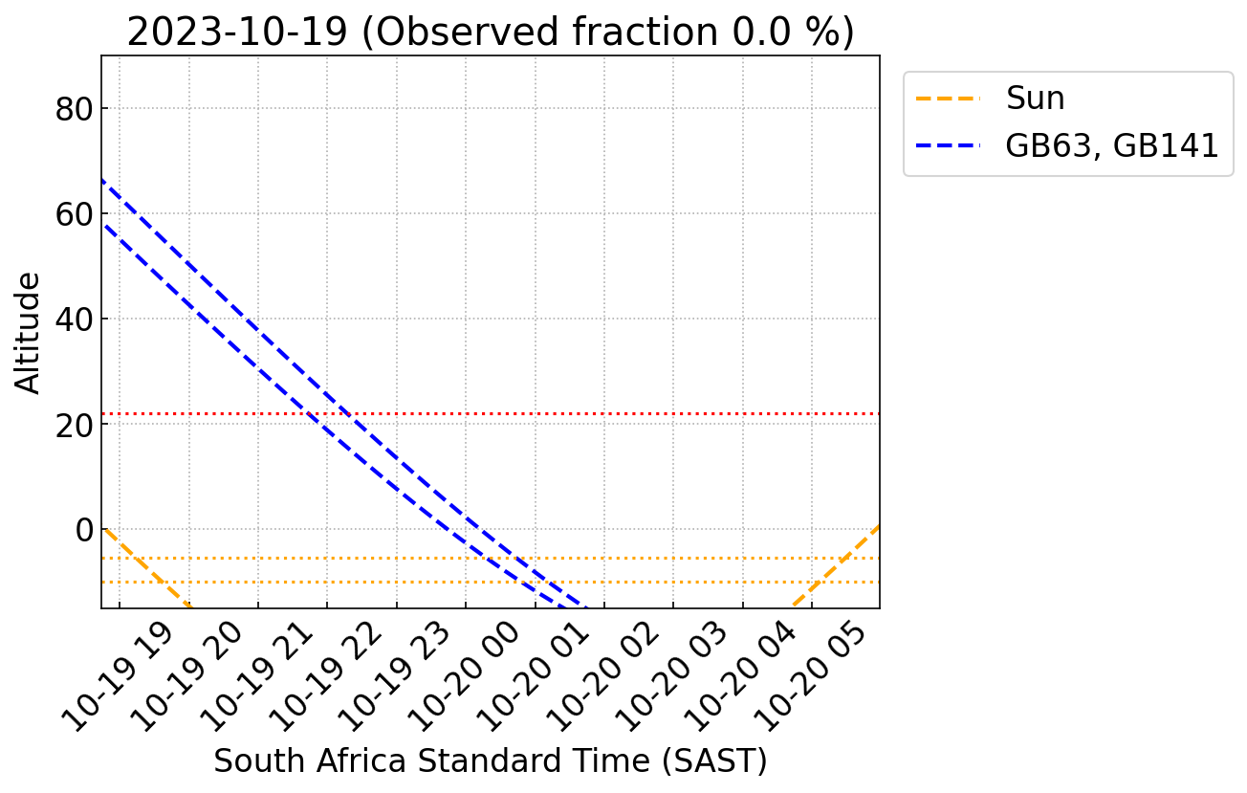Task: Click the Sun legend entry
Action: pyautogui.click(x=1035, y=99)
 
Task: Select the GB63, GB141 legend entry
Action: pyautogui.click(x=1111, y=145)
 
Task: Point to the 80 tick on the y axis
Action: pyautogui.click(x=80, y=109)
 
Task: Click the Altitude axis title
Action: pyautogui.click(x=30, y=332)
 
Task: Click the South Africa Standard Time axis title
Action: pyautogui.click(x=490, y=761)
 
